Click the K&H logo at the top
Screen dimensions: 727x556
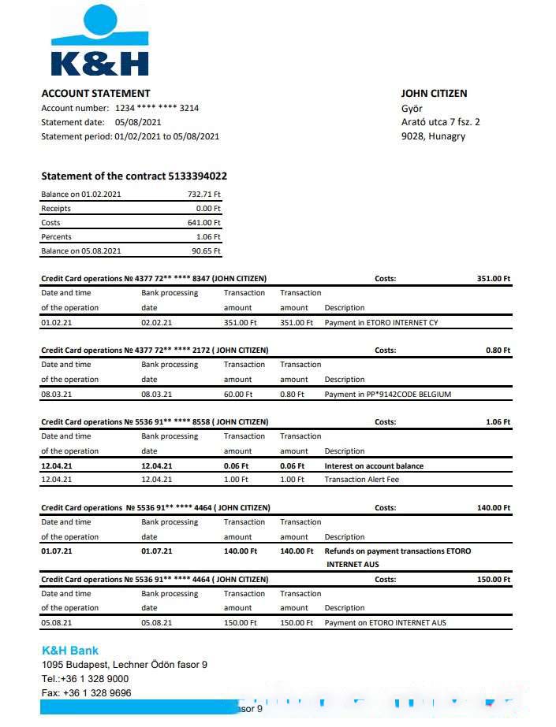coord(99,41)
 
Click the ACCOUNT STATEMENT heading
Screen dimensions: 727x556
coord(95,93)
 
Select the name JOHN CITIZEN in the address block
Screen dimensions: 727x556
coord(434,93)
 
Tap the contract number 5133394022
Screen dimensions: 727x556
coord(197,176)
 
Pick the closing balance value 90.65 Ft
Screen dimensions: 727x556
coord(206,250)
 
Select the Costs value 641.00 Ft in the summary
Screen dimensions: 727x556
coord(203,223)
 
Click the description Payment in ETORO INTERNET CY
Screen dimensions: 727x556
coord(381,322)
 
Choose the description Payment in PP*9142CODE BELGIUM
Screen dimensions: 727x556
coord(388,394)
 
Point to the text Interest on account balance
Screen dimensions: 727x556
coord(374,466)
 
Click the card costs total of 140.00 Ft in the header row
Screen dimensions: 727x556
coord(494,507)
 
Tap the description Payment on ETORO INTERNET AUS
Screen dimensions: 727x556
coord(385,622)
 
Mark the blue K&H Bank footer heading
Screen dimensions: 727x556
coord(70,651)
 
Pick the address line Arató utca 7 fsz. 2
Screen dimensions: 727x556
coord(440,121)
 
